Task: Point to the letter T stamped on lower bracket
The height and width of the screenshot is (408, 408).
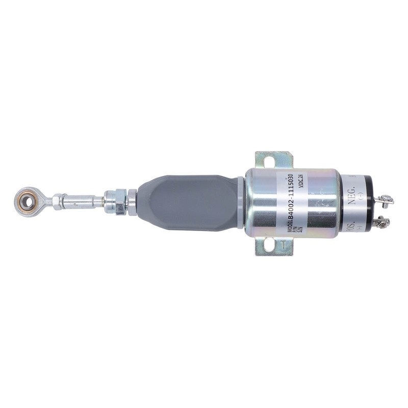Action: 282,243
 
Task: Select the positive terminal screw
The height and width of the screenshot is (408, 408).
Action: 380,221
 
